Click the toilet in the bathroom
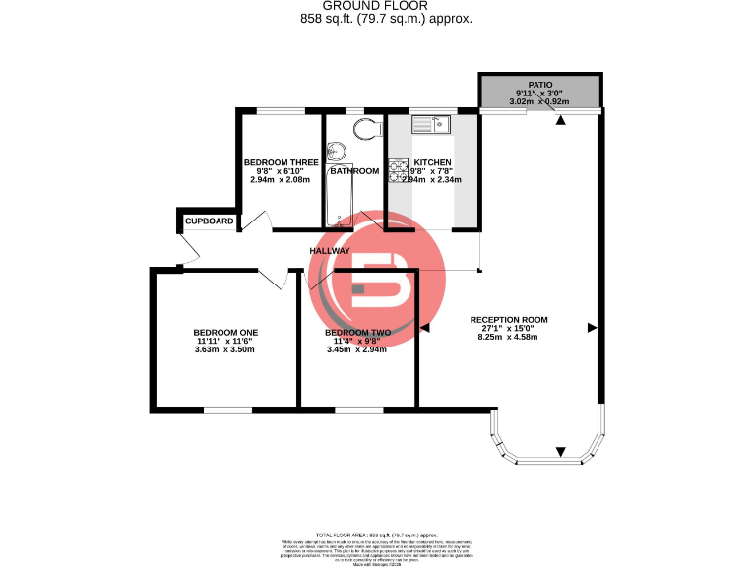(x=366, y=128)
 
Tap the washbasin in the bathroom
(x=337, y=151)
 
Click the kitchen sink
(x=431, y=123)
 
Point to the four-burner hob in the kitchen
(x=398, y=170)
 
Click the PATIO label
(x=539, y=86)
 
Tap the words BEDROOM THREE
(x=281, y=162)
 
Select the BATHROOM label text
(x=354, y=171)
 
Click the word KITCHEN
(x=433, y=162)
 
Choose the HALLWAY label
(x=330, y=251)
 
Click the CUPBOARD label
(x=210, y=221)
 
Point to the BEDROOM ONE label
(x=225, y=332)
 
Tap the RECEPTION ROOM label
(x=509, y=320)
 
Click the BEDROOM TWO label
(x=357, y=332)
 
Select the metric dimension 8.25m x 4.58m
(x=509, y=337)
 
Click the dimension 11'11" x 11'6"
(x=225, y=341)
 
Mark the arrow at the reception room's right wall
(x=592, y=327)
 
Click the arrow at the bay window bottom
(x=560, y=451)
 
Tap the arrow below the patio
(x=560, y=121)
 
